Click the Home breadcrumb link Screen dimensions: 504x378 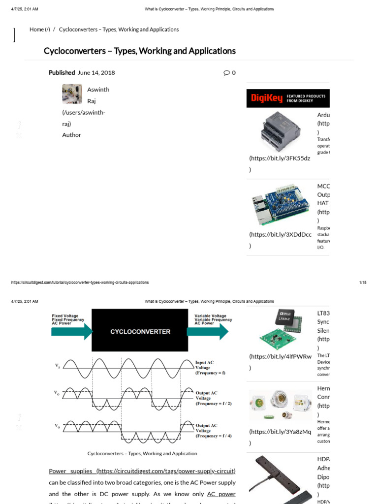39,30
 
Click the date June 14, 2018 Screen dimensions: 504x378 96,72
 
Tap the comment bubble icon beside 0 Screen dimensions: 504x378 226,73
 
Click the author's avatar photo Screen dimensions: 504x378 71,94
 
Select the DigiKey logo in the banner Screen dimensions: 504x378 267,98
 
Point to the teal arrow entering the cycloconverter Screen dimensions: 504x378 72,331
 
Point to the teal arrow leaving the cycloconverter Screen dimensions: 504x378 207,331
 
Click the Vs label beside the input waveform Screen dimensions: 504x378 58,366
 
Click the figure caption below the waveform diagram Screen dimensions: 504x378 142,453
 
